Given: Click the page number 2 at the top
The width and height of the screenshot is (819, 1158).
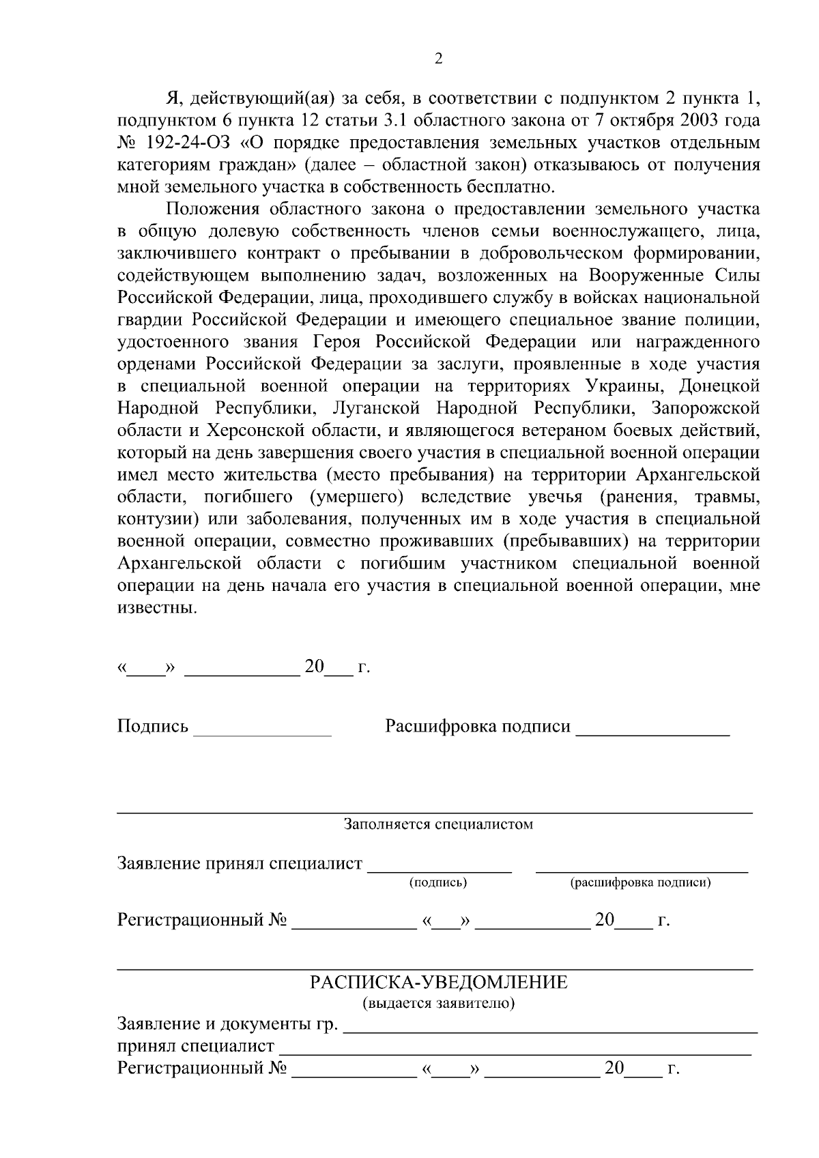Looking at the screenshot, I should click(438, 59).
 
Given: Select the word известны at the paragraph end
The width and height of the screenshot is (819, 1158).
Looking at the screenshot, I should click(156, 607).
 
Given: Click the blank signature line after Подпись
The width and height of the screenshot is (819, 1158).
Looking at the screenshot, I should click(263, 733).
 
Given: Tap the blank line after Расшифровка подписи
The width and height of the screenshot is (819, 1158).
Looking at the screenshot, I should click(653, 733).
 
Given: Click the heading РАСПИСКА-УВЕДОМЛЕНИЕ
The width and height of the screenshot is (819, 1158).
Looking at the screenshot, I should click(439, 983).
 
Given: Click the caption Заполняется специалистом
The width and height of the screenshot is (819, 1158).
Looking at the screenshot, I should click(438, 824).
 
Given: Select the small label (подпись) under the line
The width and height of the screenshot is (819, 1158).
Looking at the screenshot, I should click(438, 883).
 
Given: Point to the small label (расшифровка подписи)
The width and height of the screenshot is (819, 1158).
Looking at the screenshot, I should click(641, 883).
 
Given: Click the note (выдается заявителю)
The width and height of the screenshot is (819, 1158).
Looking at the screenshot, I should click(438, 1004).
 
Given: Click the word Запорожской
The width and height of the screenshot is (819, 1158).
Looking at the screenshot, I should click(706, 408).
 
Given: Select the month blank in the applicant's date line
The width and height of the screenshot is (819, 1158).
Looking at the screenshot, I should click(242, 671).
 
